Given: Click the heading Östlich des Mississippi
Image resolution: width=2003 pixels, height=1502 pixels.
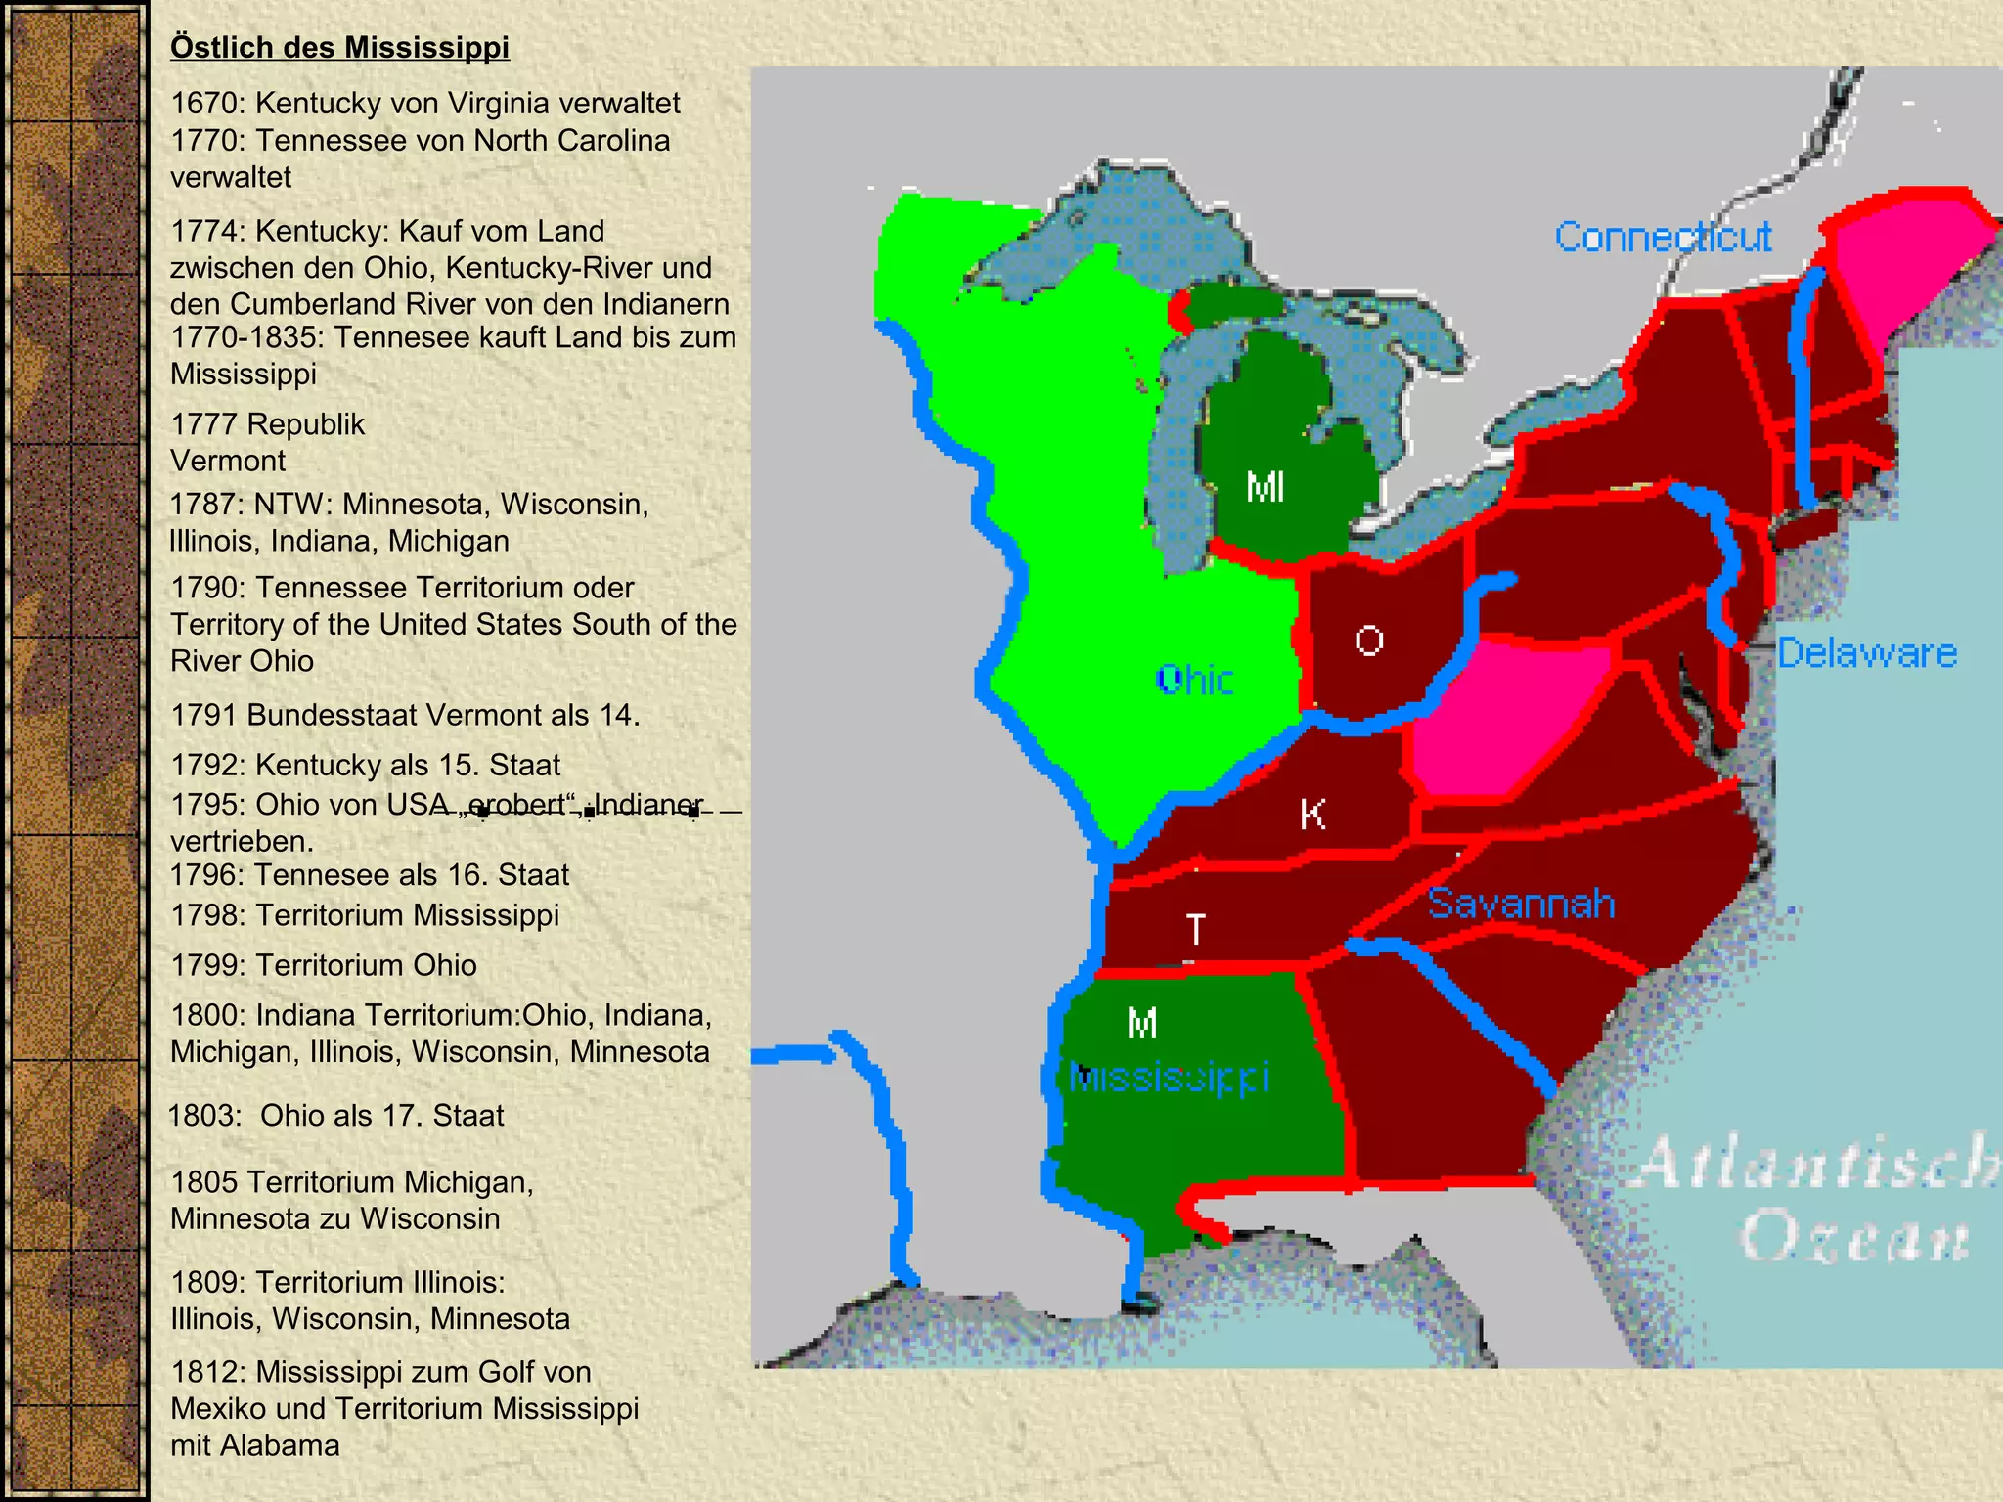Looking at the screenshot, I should coord(339,47).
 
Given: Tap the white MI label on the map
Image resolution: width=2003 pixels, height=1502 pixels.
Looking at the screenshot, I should coord(1265,487).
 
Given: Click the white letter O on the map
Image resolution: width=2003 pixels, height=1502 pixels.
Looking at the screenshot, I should coord(1369,641).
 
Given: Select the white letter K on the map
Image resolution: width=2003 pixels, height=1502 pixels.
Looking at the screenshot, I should coord(1313,814).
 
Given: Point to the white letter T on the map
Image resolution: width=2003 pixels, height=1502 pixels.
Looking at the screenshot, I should coord(1195,929).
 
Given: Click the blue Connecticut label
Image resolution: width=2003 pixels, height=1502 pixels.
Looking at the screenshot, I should coord(1663,237).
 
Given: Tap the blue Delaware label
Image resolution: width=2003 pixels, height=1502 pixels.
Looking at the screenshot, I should coord(1867,652).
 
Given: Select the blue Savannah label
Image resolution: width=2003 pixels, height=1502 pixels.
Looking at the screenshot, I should coord(1521,904).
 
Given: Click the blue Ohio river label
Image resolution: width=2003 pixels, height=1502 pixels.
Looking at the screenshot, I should coord(1194,679).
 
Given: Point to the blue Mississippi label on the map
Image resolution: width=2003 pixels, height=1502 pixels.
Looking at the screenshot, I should coord(1169,1078).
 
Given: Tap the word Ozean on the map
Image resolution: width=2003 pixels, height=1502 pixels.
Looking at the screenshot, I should coord(1854,1238).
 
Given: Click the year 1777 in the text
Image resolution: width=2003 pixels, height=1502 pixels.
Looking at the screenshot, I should coord(203,424).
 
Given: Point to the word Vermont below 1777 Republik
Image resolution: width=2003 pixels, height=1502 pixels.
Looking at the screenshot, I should coord(228,461).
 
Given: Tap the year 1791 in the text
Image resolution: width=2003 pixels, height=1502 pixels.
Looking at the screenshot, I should coord(203,715).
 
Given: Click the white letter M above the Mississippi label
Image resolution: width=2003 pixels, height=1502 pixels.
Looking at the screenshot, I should coord(1142,1024).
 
